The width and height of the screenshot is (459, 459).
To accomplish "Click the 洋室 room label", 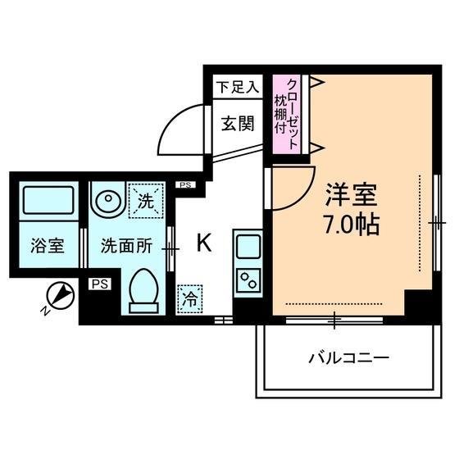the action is coord(352,195).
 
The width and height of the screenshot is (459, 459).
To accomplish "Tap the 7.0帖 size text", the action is coord(352,225).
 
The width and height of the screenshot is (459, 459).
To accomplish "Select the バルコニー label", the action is coord(349,357).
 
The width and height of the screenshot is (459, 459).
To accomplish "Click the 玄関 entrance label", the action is coord(238,124).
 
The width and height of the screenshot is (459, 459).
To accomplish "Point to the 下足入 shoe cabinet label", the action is coord(238,87).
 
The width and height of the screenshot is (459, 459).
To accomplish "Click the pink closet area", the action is coord(287,114).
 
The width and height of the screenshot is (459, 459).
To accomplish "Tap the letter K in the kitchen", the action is coord(204,243).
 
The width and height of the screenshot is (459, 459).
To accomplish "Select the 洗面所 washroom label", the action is coord(126,246).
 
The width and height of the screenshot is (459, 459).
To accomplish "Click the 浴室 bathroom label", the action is coord(48,246).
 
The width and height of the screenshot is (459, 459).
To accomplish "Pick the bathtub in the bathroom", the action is coord(48,200).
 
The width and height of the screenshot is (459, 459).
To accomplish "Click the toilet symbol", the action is coord(143,291).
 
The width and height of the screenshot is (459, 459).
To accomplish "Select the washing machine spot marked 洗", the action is coord(146,201).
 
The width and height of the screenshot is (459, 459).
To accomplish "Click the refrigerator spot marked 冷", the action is coord(189,299).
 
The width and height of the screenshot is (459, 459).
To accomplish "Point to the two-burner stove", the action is coord(248,280).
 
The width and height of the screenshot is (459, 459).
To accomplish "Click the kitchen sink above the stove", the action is coord(248,247).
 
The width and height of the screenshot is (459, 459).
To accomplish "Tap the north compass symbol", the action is coord(61,295).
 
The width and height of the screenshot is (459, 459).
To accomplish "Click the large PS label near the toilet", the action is coord(100,284).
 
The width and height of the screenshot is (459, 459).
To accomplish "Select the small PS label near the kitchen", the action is coord(185,185).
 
